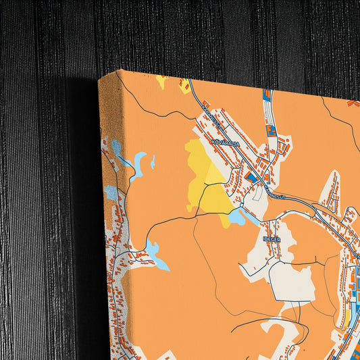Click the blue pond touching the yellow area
click(x=237, y=217)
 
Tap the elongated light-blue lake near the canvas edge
click(x=138, y=163)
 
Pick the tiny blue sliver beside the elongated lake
click(x=153, y=162)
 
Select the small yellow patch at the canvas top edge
click(x=161, y=81)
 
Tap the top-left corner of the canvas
click(x=99, y=79)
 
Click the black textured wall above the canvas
click(x=203, y=34)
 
